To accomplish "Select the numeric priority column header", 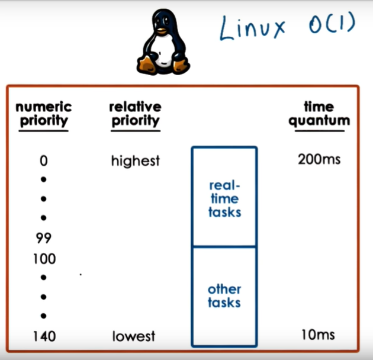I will coord(43,114).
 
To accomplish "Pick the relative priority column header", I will coord(135,114).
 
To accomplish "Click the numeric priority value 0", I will coord(43,161).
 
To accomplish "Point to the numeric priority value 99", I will coord(43,239).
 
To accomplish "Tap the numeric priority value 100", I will coord(43,259).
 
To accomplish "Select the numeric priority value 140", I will coord(43,336).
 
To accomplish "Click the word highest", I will coord(135,161).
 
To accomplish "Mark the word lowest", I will coord(134,336).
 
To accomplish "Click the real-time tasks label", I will coord(224,198).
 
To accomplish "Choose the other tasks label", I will coord(224,296).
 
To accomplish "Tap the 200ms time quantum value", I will coord(319,160).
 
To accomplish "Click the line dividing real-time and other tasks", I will coord(224,246).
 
